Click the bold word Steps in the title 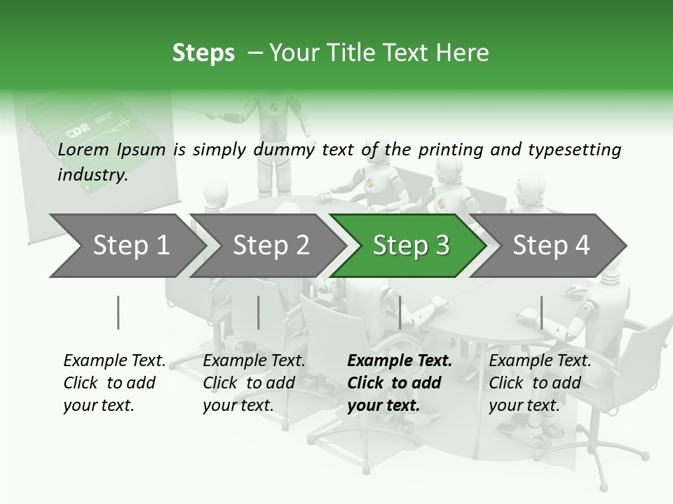[x=203, y=53]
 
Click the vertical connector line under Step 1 [x=118, y=312]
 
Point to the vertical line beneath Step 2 [x=259, y=312]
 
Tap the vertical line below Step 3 [x=400, y=312]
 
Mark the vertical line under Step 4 [x=541, y=312]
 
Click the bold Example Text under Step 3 [x=399, y=383]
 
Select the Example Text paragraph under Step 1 [x=114, y=383]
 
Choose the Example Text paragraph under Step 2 [x=254, y=383]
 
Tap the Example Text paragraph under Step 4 [x=540, y=383]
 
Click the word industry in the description [x=92, y=175]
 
